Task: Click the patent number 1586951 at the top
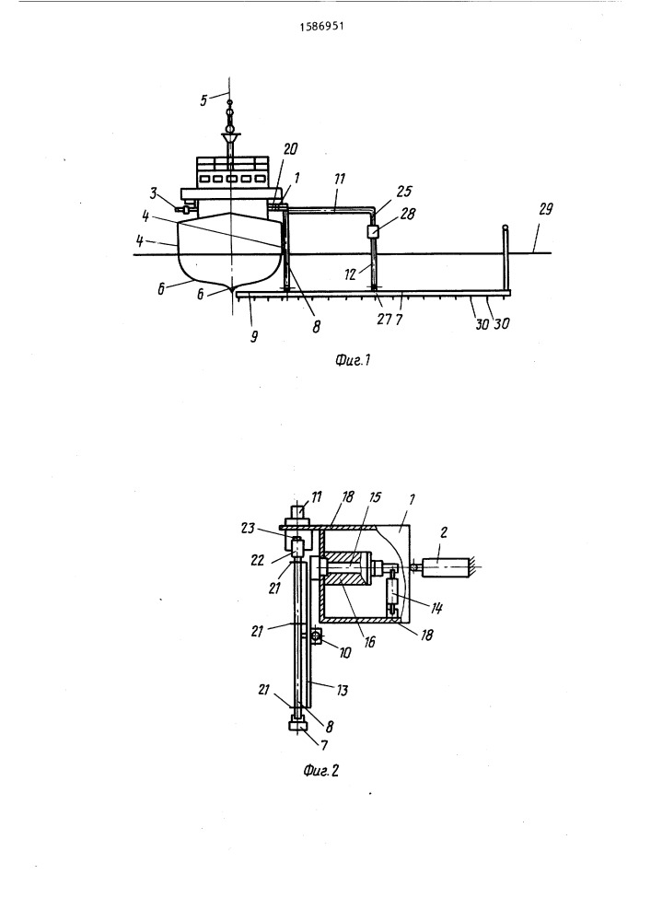(321, 27)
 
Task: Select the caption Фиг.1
(353, 359)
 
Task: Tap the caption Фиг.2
(321, 770)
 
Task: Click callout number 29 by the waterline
(545, 208)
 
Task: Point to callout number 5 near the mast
(203, 100)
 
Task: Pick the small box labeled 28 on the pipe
(372, 231)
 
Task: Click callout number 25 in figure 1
(404, 191)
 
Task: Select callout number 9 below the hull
(253, 337)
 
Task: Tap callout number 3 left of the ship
(153, 192)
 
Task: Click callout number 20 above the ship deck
(290, 149)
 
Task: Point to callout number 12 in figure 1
(351, 274)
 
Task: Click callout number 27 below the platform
(384, 319)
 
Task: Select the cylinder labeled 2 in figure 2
(448, 567)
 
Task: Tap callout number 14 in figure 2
(436, 608)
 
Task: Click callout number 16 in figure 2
(369, 642)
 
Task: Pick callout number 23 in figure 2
(248, 528)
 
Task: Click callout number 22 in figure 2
(258, 560)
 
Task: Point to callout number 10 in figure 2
(344, 652)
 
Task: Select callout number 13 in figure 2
(342, 690)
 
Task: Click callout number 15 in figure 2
(375, 497)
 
